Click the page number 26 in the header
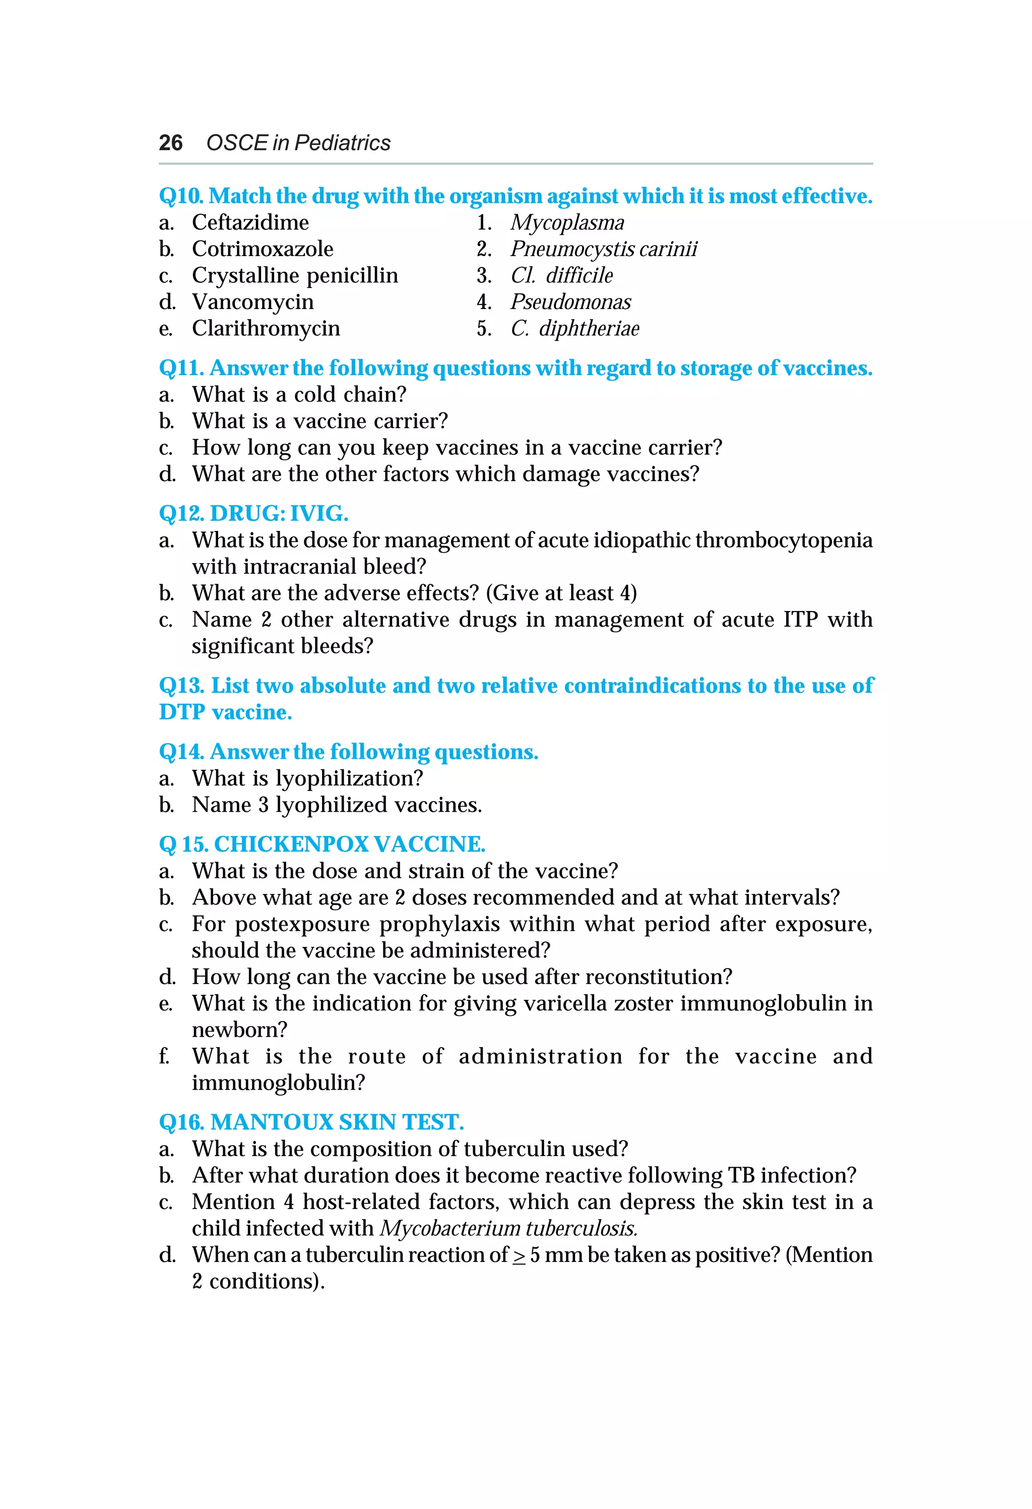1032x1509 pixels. tap(171, 143)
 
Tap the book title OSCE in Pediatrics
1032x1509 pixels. tap(298, 143)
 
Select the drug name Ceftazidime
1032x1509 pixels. tap(250, 223)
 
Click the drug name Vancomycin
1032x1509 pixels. tap(252, 302)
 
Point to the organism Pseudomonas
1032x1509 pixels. tap(570, 302)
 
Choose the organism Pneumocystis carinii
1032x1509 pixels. tap(604, 249)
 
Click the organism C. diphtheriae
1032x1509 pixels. tap(574, 329)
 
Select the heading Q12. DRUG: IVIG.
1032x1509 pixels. tap(253, 514)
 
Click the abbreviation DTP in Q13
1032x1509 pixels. tap(182, 712)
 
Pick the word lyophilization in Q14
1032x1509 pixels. tap(349, 778)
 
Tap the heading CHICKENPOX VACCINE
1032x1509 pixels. tap(349, 844)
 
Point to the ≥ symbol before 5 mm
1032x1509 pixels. tap(519, 1256)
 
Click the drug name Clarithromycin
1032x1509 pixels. tap(266, 329)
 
